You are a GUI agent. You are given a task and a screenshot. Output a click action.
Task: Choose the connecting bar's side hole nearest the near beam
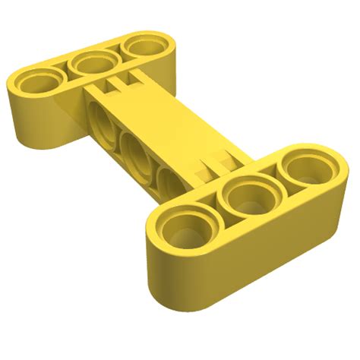pyautogui.click(x=169, y=181)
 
